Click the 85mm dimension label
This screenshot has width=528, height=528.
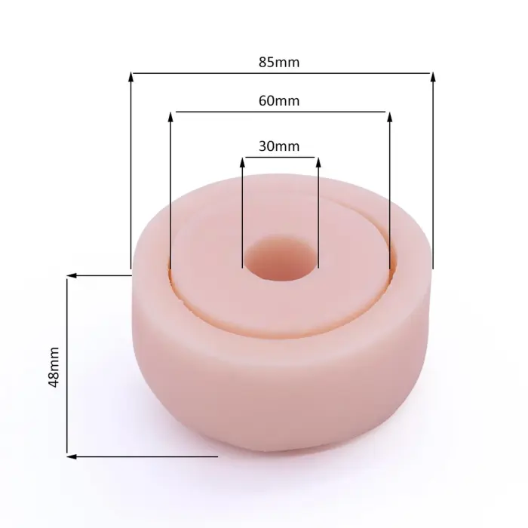(x=279, y=63)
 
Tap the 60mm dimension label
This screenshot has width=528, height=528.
(x=279, y=100)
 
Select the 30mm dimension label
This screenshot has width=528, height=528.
(x=279, y=146)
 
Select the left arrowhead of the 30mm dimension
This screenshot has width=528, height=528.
(x=242, y=162)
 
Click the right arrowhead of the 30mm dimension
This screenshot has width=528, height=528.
(x=318, y=162)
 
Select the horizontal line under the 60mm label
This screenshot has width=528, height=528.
(x=280, y=112)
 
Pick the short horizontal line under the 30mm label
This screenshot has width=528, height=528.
(x=280, y=158)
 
